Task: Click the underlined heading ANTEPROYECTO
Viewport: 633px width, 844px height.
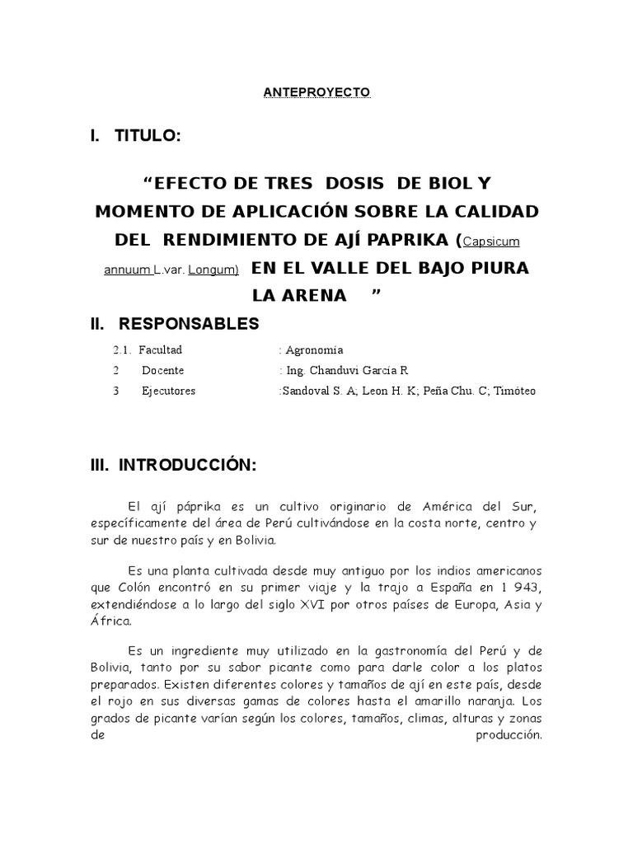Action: pos(317,92)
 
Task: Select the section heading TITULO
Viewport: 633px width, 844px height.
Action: pos(147,136)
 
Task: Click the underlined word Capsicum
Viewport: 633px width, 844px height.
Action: pos(491,241)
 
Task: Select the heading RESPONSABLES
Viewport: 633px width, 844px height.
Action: pos(188,323)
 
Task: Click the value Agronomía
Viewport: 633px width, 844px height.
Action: pos(314,349)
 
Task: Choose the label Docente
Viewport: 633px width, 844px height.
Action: pos(162,370)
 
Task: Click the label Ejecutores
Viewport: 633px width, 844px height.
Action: pos(168,391)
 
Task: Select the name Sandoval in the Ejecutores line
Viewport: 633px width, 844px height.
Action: pos(305,391)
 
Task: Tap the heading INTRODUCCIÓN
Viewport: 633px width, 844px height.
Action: pos(187,466)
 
